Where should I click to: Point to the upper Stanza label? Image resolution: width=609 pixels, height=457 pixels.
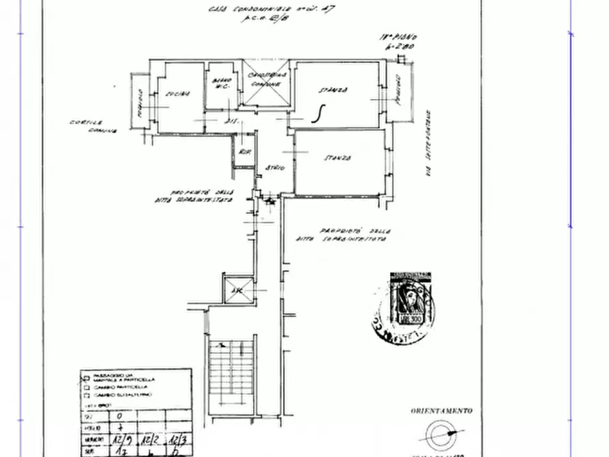[x=335, y=90]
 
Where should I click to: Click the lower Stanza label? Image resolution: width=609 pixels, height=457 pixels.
[x=337, y=158]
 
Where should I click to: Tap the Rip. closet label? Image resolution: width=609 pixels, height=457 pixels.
[x=243, y=152]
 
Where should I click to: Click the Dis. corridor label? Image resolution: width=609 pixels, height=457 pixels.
[x=231, y=121]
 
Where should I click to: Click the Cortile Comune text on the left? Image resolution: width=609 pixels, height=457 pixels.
[x=93, y=127]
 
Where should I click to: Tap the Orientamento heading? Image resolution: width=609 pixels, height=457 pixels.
[x=441, y=411]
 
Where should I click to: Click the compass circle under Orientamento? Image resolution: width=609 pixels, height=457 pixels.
[x=440, y=434]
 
